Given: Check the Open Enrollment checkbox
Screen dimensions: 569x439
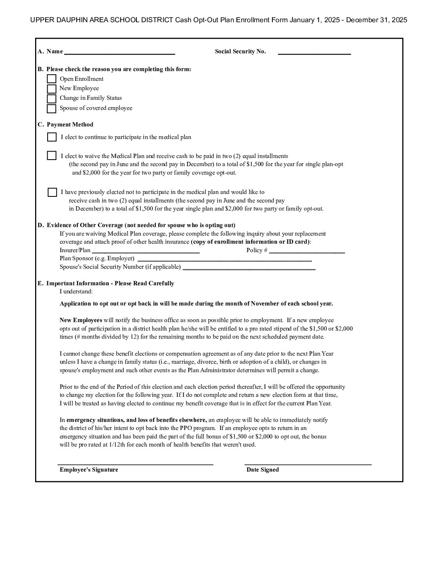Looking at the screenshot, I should [52, 79].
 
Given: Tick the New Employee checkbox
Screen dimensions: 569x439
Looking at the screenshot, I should [52, 89].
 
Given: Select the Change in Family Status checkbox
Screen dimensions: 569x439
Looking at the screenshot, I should [52, 99].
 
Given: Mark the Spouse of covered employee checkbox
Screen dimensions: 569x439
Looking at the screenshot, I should [52, 109].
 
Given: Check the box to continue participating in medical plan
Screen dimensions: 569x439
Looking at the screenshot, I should [52, 137].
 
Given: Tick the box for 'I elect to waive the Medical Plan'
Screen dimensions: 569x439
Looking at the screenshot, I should [52, 156].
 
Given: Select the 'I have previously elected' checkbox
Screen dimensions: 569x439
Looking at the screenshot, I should [52, 192].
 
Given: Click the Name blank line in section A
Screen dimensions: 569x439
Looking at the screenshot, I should [119, 52].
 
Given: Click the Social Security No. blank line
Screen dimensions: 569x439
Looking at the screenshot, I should [314, 52].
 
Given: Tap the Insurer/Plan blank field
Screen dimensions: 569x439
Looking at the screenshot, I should [146, 251].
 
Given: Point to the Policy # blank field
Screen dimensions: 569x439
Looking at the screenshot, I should [307, 251].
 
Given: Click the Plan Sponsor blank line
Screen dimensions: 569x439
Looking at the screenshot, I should [224, 259].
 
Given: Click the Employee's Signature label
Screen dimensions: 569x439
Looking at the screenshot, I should [89, 470].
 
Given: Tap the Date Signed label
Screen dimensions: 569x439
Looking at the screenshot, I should [263, 470].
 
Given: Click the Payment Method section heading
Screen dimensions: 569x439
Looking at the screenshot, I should [70, 124].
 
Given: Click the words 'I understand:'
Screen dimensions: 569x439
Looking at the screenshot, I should [76, 291].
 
